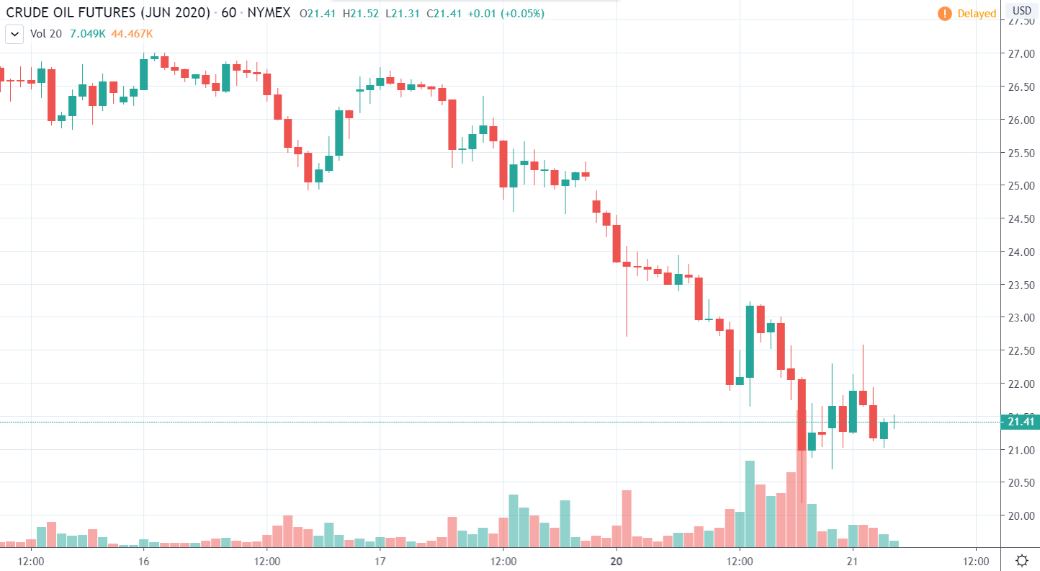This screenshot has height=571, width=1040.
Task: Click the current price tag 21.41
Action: pyautogui.click(x=1021, y=422)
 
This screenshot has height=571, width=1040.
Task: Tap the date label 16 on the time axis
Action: pyautogui.click(x=143, y=561)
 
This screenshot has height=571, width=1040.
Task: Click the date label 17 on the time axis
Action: pyautogui.click(x=380, y=561)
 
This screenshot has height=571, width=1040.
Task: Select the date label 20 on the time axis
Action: pyautogui.click(x=616, y=561)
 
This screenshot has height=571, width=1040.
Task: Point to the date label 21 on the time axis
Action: pyautogui.click(x=852, y=561)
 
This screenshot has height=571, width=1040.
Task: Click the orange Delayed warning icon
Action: pyautogui.click(x=943, y=14)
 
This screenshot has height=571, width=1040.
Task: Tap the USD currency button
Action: pyautogui.click(x=1022, y=11)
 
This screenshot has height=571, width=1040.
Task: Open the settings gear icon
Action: pyautogui.click(x=1021, y=561)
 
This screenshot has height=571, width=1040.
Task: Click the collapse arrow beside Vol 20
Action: pyautogui.click(x=13, y=34)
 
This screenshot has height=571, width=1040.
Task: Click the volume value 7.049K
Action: pyautogui.click(x=86, y=34)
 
